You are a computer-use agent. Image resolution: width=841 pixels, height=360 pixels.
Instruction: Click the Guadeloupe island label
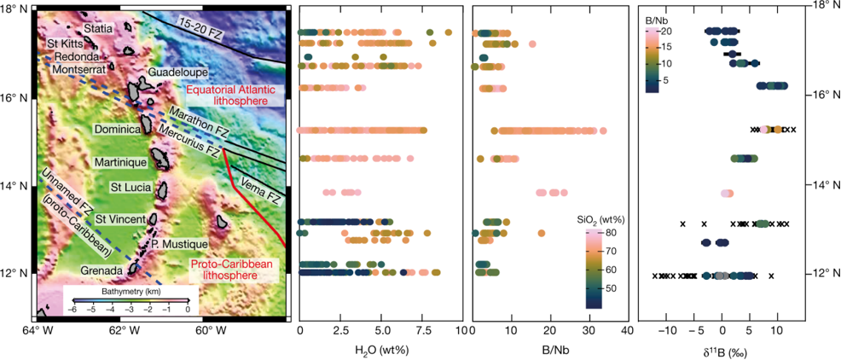pyautogui.click(x=176, y=73)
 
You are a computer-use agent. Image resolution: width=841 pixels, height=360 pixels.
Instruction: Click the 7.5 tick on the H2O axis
pyautogui.click(x=422, y=328)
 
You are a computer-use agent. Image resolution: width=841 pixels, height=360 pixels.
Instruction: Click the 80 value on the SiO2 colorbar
pyautogui.click(x=611, y=232)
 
